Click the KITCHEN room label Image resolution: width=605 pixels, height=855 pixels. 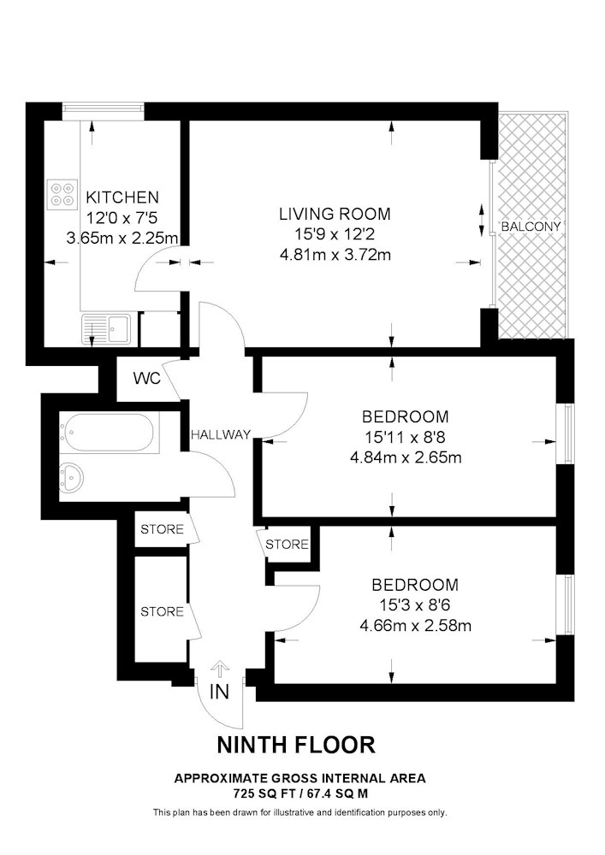tap(122, 197)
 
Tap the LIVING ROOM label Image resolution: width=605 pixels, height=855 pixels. tap(335, 213)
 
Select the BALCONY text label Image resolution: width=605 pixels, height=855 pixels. tap(531, 227)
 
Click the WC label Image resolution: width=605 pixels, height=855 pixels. tap(147, 379)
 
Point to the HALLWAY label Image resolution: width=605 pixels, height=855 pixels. tap(221, 434)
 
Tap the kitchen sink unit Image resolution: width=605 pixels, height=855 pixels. tap(106, 329)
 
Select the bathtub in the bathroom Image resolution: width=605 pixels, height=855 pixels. tap(110, 433)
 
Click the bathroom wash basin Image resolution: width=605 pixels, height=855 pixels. tap(71, 478)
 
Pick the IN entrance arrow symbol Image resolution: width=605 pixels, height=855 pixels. tap(219, 670)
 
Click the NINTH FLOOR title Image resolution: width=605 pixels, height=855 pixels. tap(296, 745)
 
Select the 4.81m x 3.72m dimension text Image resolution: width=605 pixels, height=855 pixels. tap(335, 255)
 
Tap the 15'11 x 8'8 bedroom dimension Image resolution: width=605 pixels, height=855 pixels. tap(406, 437)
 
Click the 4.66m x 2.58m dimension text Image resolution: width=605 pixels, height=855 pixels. tap(415, 625)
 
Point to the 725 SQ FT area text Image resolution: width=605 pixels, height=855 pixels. tap(264, 793)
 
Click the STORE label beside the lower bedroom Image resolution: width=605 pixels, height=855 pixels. tap(287, 544)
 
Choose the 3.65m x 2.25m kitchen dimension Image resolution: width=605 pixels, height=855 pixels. tap(122, 239)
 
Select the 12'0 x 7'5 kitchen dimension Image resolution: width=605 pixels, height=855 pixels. tap(122, 218)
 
